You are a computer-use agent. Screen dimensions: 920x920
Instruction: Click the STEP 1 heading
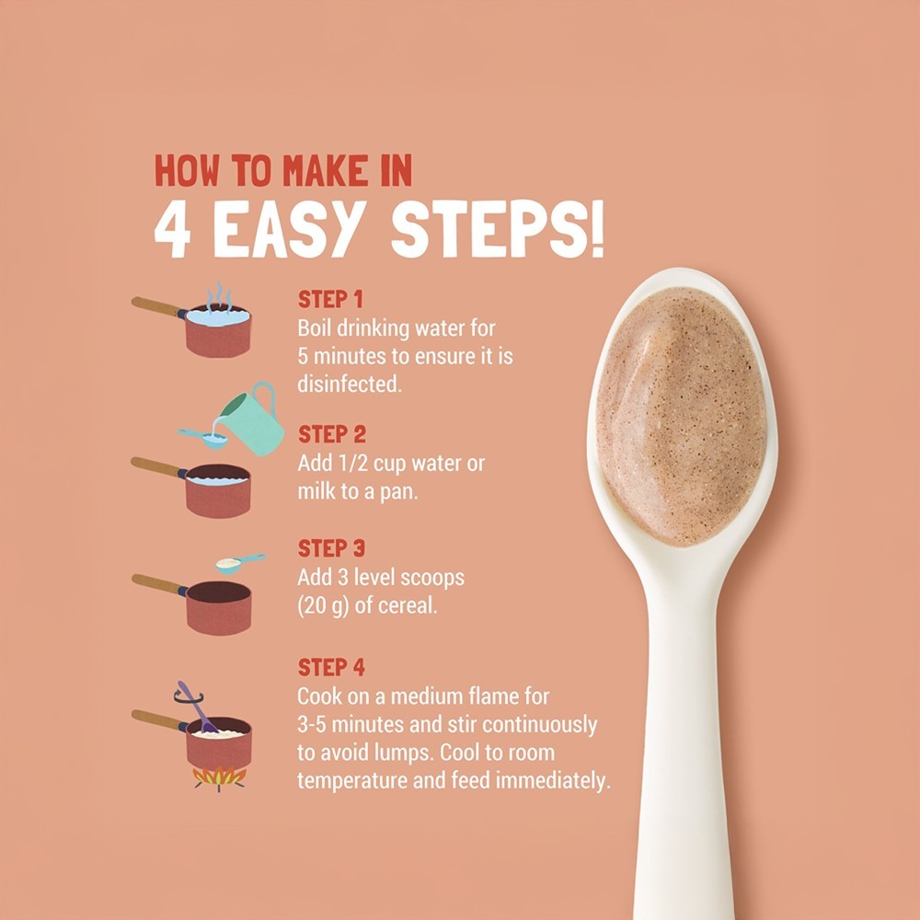point(330,299)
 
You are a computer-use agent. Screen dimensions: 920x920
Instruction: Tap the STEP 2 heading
point(331,435)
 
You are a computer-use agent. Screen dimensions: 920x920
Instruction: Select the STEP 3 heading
point(331,548)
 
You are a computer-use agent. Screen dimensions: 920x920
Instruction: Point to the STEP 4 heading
point(331,668)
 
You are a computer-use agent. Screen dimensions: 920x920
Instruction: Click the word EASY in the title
point(286,229)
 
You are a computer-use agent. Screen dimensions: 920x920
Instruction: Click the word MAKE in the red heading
point(326,171)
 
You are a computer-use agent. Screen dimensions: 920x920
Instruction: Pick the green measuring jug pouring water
point(252,420)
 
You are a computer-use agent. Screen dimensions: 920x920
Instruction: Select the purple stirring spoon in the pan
point(198,707)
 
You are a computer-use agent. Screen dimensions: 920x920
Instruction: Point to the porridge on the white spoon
point(682,417)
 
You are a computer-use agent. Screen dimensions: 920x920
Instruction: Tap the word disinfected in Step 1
point(350,385)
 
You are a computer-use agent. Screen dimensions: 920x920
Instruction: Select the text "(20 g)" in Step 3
point(323,606)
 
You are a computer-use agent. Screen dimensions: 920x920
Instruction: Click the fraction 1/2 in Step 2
point(351,464)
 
